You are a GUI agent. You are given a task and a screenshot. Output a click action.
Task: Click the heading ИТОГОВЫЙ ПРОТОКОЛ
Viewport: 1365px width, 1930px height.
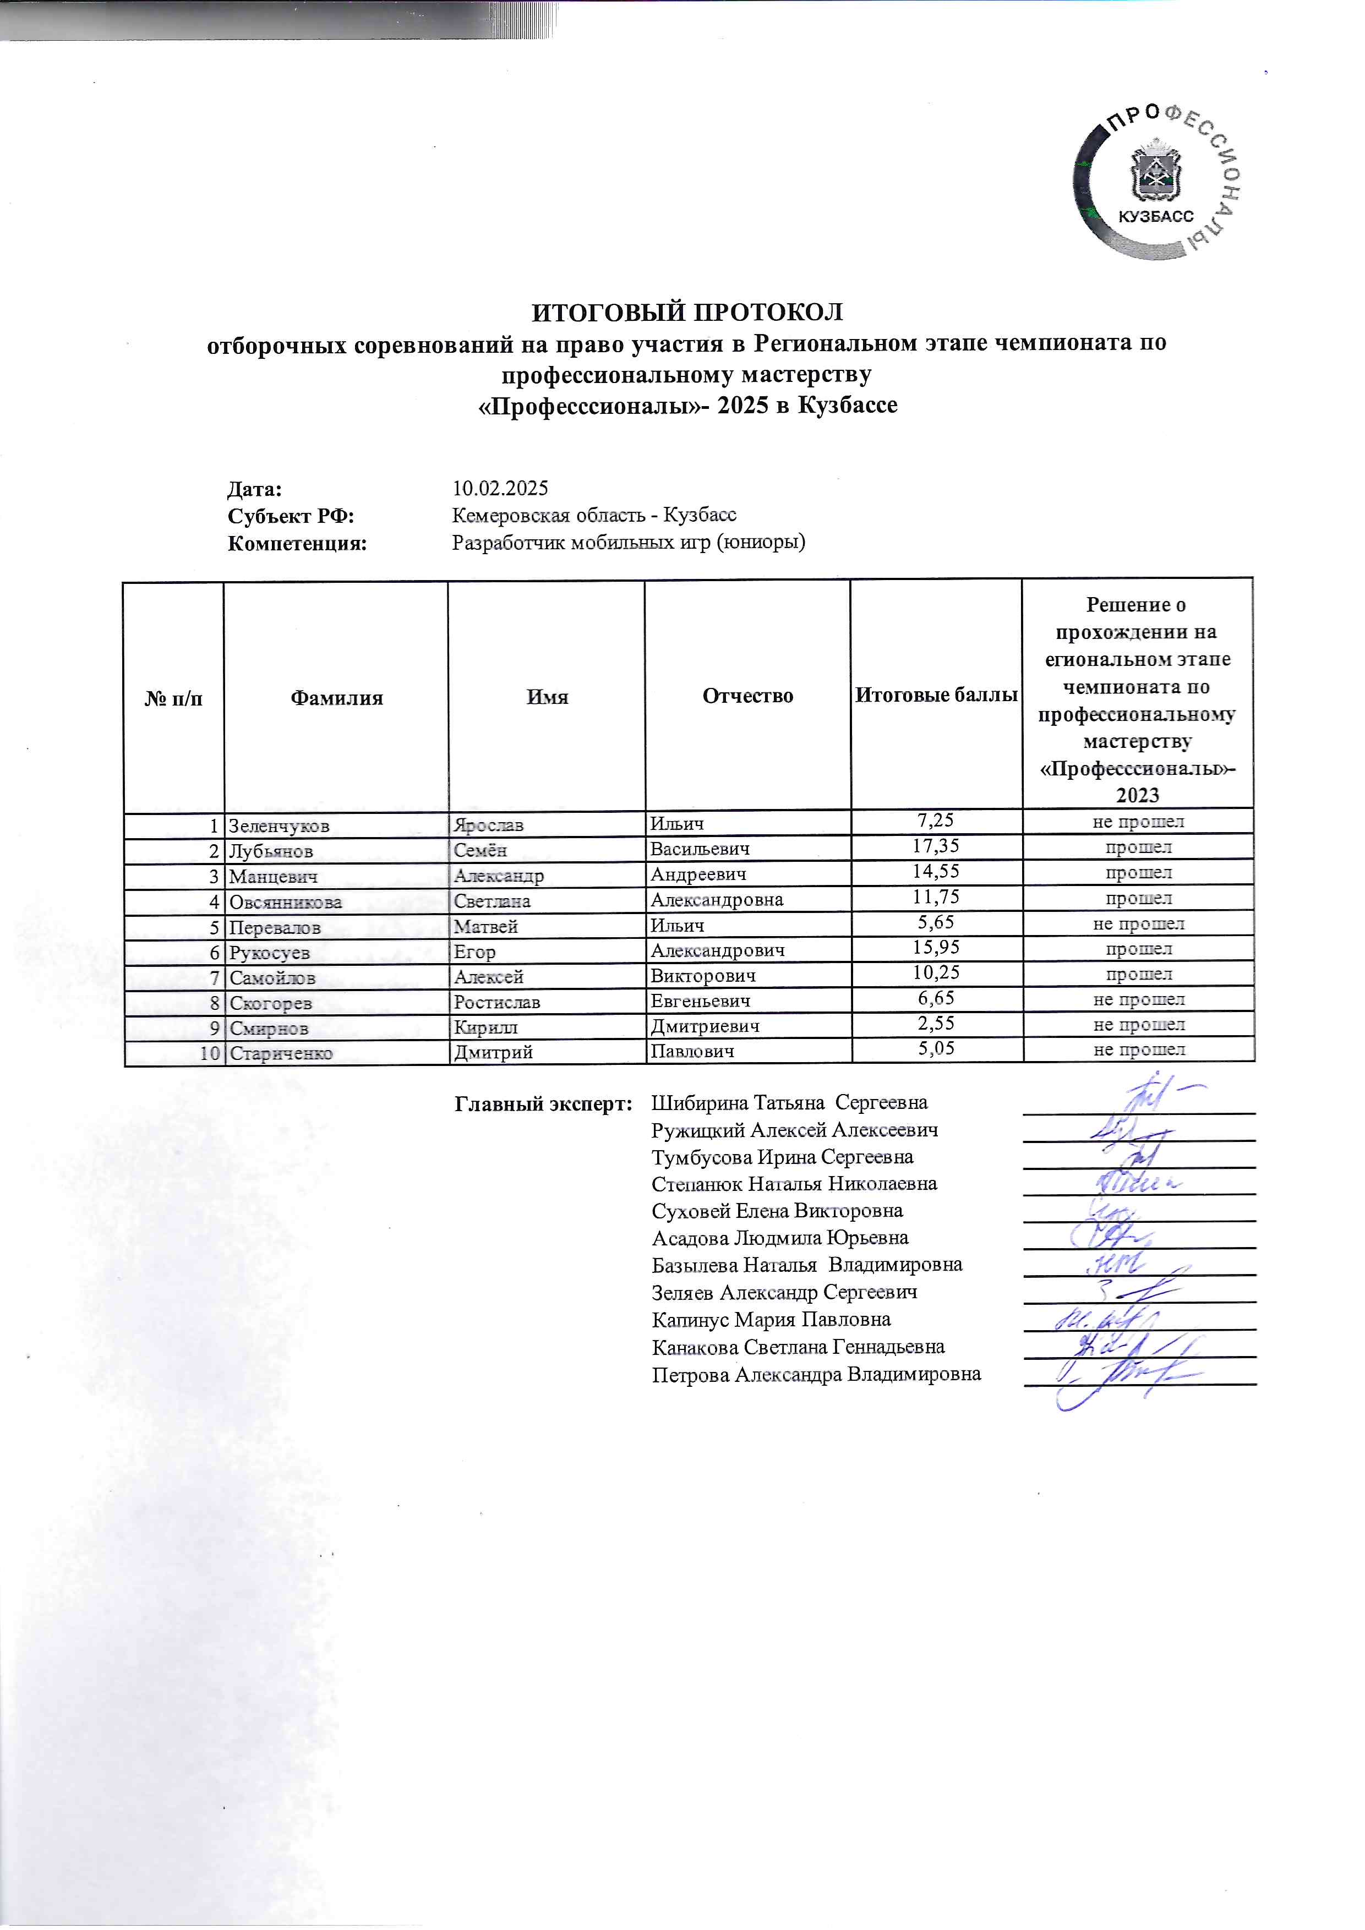(x=687, y=313)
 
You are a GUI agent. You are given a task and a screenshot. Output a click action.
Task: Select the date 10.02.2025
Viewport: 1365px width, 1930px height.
(x=500, y=488)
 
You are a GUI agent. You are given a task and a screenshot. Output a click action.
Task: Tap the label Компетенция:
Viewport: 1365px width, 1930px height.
(x=298, y=543)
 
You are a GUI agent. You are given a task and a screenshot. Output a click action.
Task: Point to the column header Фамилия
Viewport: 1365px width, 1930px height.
(x=336, y=698)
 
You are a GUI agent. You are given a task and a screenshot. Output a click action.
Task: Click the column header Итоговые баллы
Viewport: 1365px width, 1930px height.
(x=936, y=695)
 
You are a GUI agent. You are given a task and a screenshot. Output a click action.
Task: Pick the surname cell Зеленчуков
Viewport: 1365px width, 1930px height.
(x=279, y=825)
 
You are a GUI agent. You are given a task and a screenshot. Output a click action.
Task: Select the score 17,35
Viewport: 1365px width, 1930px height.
(x=936, y=846)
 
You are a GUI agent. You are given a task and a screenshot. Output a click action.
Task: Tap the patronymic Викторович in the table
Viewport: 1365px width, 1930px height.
(x=703, y=975)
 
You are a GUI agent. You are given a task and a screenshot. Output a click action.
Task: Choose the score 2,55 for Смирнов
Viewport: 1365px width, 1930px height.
(x=936, y=1023)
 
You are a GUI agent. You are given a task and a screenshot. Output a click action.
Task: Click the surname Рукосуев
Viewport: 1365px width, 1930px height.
(x=270, y=953)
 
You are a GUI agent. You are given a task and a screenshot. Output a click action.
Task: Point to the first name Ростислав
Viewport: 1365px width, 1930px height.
(x=497, y=1002)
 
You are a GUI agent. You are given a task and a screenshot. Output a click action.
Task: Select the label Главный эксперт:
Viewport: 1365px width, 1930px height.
(x=543, y=1104)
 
